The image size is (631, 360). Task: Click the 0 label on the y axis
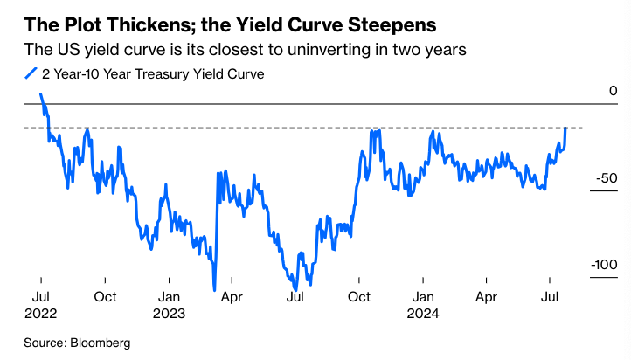(x=614, y=91)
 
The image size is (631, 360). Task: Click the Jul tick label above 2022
(x=40, y=296)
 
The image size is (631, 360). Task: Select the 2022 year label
(x=40, y=312)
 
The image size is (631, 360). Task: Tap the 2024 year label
(x=423, y=312)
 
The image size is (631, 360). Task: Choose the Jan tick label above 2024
(x=423, y=296)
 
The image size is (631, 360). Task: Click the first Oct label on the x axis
(x=104, y=296)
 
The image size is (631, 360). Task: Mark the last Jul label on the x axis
(x=551, y=296)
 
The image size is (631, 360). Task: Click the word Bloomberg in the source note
(x=99, y=343)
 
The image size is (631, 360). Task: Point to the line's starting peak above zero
(x=40, y=94)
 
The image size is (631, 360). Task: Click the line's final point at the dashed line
(x=566, y=128)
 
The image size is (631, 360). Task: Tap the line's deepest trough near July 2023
(x=296, y=288)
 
